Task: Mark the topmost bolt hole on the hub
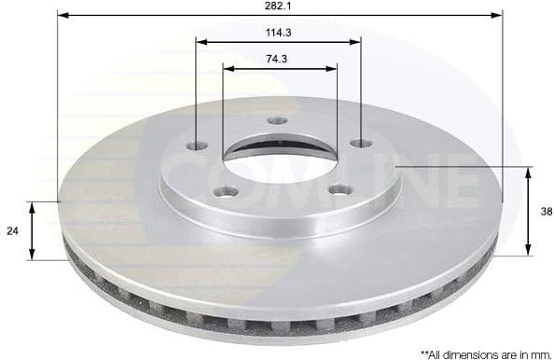275,120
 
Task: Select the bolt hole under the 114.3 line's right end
360,144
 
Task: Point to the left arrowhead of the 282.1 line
62,13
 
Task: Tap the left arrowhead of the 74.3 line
228,67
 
